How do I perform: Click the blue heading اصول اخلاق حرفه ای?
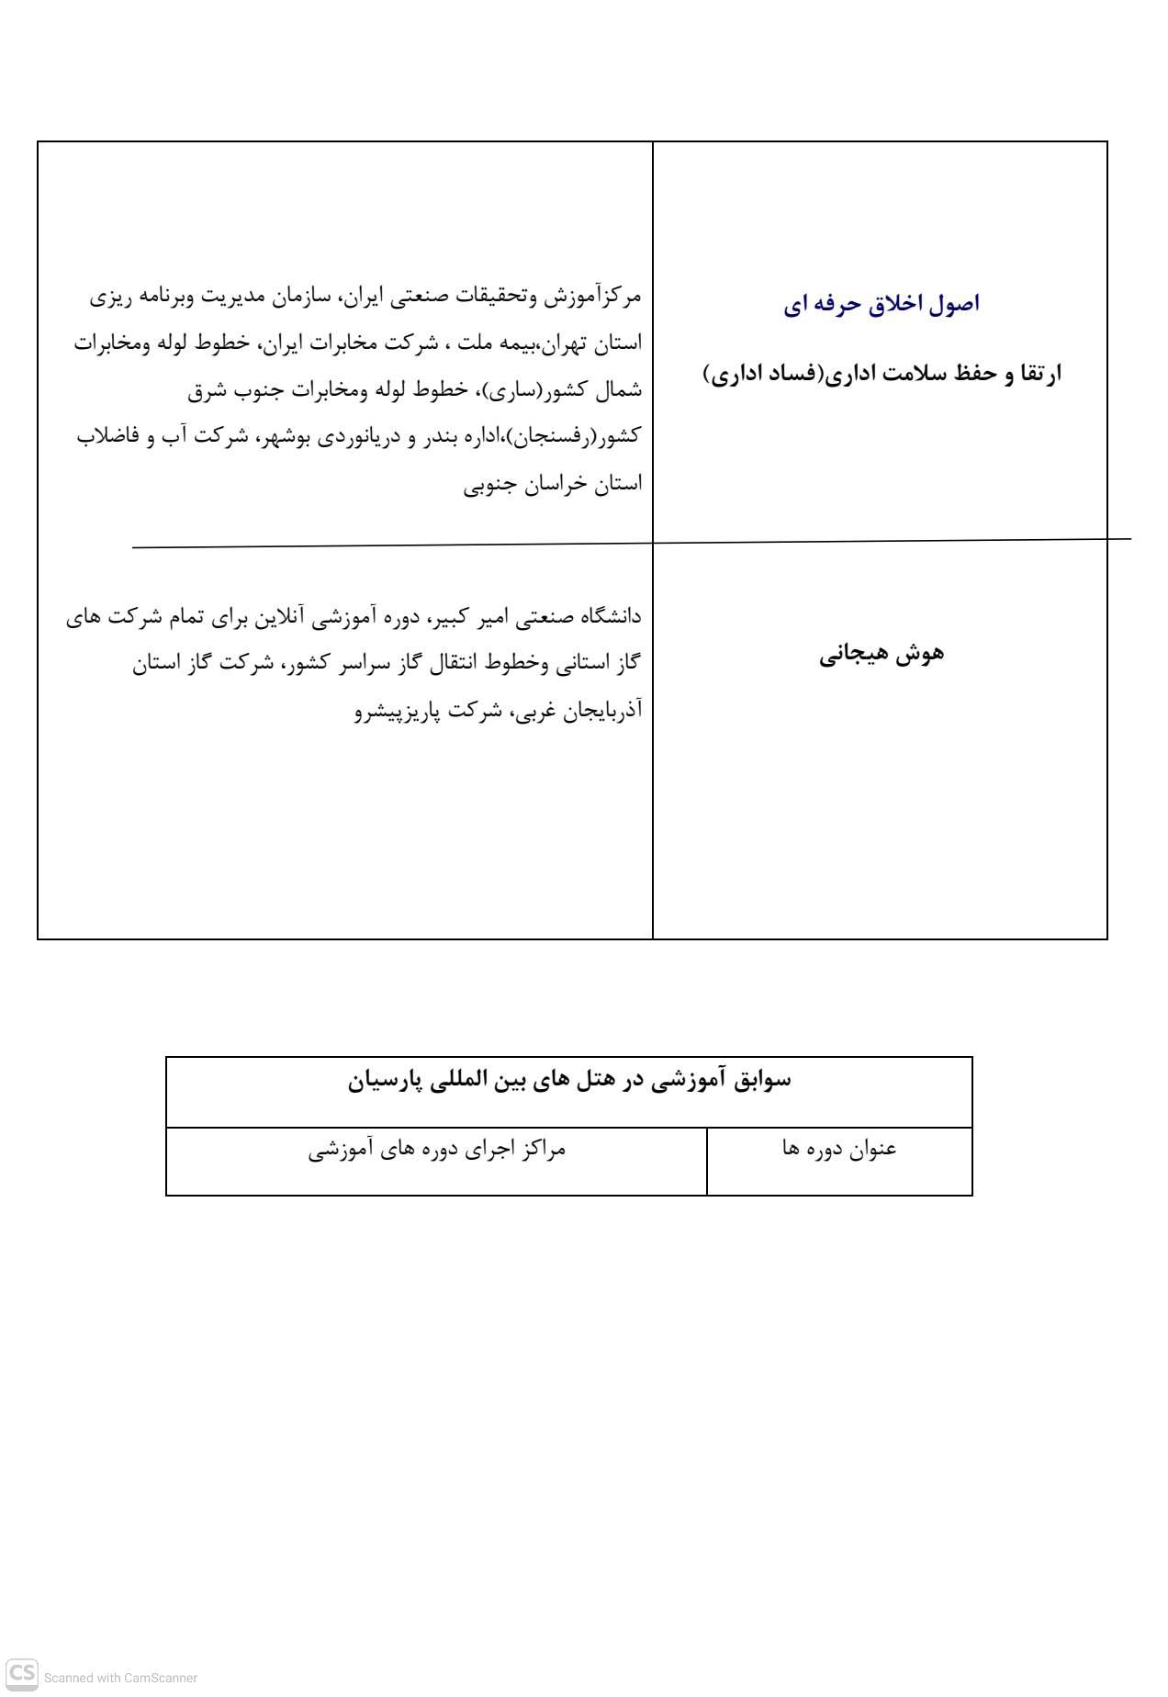(x=882, y=304)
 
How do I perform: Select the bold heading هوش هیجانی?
(x=882, y=654)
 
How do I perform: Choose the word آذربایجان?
(x=602, y=710)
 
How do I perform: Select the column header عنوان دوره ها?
(x=839, y=1149)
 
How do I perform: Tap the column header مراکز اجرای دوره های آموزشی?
(x=437, y=1149)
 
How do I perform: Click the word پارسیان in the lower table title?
(x=384, y=1081)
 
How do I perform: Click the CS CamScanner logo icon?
(x=22, y=1673)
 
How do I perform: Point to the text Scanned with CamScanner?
(x=120, y=1678)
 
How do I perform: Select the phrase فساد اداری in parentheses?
(x=766, y=374)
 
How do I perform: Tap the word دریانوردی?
(x=359, y=436)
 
